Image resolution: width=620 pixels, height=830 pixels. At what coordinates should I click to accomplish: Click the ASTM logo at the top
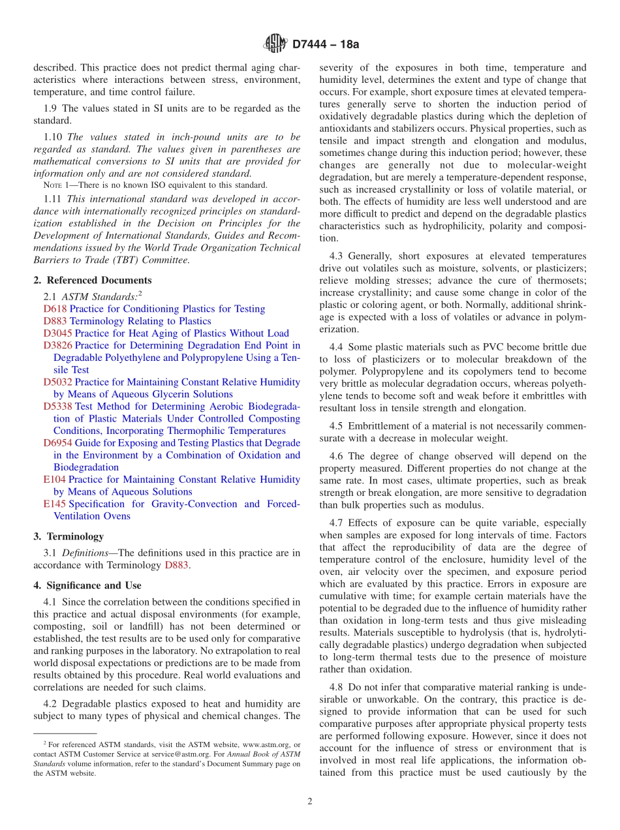click(x=275, y=44)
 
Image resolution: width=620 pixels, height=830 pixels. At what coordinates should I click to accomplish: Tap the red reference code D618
click(x=55, y=309)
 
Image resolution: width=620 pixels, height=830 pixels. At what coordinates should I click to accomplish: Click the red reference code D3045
click(x=58, y=333)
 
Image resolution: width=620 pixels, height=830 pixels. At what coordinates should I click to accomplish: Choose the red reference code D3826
click(x=58, y=346)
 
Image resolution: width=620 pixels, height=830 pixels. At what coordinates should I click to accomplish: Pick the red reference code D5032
click(x=58, y=382)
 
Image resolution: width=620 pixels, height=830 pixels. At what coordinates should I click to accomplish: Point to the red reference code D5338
click(x=58, y=407)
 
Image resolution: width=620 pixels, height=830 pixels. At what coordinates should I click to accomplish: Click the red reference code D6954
click(x=58, y=443)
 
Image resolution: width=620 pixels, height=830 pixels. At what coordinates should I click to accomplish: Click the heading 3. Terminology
click(x=69, y=536)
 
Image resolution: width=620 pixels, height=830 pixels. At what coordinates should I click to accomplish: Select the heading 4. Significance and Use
click(x=87, y=585)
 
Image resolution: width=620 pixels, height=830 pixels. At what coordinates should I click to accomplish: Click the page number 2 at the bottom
click(x=310, y=801)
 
